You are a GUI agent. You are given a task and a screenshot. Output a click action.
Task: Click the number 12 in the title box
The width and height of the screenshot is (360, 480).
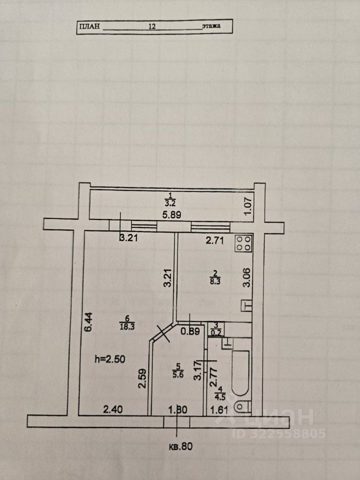coord(152,27)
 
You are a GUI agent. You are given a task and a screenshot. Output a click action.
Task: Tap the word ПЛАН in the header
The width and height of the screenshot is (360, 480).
coord(89,27)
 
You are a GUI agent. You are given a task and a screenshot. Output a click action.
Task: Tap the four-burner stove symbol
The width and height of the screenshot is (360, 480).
coord(244,243)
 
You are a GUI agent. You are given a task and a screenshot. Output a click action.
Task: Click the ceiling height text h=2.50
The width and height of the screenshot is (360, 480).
coord(110,358)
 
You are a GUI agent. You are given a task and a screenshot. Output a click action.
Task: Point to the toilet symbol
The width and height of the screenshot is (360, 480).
coord(242,406)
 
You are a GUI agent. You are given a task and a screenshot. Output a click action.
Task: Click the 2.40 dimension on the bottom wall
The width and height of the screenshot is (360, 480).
coord(113,410)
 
